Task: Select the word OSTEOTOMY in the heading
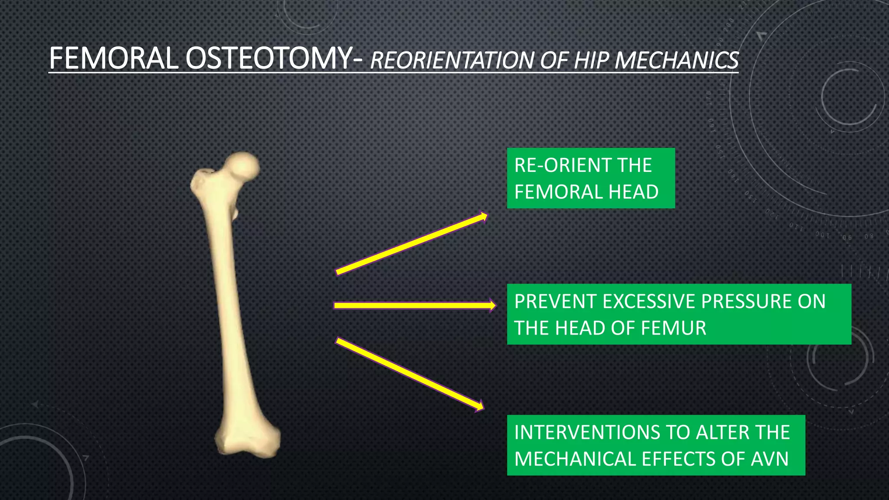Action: (269, 59)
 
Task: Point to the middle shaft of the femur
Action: (228, 304)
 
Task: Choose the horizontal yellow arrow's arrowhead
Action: (492, 306)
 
